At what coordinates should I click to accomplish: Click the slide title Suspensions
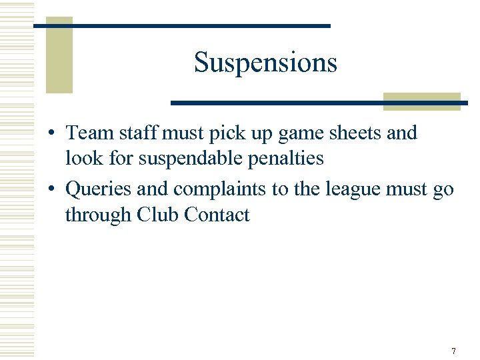click(x=265, y=63)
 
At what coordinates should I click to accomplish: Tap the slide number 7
click(x=453, y=351)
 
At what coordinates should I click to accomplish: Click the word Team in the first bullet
click(x=90, y=133)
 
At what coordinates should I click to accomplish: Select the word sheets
click(x=350, y=133)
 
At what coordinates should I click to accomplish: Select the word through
click(x=98, y=215)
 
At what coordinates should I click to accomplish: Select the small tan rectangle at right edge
click(x=421, y=101)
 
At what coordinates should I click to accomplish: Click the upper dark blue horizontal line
click(x=181, y=25)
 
